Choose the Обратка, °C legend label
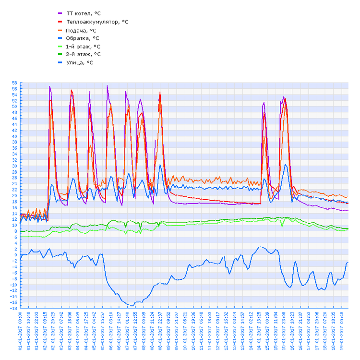[x=82, y=38]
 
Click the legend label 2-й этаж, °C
[x=83, y=54]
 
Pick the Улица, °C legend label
[x=79, y=62]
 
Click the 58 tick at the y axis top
[x=14, y=83]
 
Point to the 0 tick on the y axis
[x=15, y=255]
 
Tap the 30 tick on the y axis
[x=14, y=166]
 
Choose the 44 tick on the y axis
[x=14, y=124]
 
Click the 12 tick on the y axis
[x=14, y=219]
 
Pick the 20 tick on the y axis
[x=14, y=196]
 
